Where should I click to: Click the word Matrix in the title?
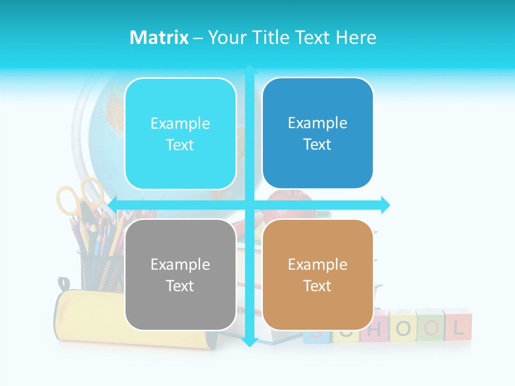tap(159, 38)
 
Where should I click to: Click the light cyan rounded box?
tap(180, 133)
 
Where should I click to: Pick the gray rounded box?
tap(180, 274)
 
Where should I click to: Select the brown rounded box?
tap(318, 274)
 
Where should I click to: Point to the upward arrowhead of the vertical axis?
tap(249, 70)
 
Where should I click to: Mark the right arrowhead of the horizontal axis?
tap(385, 205)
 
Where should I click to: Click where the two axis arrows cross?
tap(249, 205)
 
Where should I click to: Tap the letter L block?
tap(458, 325)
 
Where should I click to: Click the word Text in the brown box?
tap(318, 286)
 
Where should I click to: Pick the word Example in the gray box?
tap(180, 264)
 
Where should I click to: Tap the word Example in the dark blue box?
tap(318, 123)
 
